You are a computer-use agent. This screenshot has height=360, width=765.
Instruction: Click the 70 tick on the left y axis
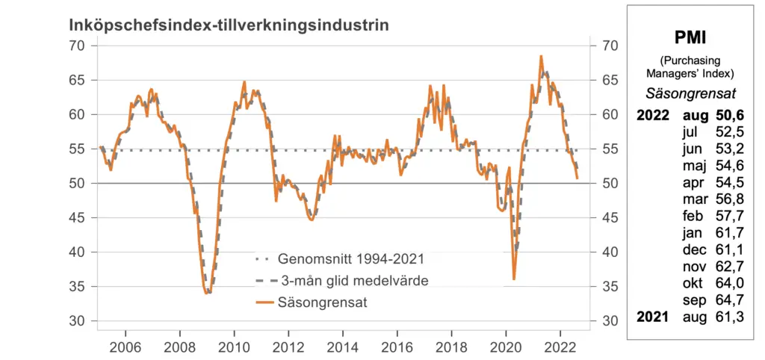(78, 46)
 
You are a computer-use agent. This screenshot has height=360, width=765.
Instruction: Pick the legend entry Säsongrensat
(322, 302)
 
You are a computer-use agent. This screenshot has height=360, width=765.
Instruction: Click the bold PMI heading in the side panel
(690, 38)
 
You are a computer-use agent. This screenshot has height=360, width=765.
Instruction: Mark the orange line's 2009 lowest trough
(206, 294)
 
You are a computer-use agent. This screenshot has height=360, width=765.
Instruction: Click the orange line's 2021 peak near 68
(541, 56)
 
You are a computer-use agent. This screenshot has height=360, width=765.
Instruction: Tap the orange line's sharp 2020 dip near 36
(513, 279)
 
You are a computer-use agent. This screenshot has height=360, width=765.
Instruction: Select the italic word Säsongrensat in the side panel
(690, 93)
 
